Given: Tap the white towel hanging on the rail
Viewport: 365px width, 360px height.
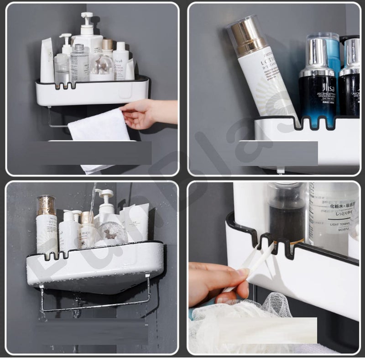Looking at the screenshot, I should tap(98, 130).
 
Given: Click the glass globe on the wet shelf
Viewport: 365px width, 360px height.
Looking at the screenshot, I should tap(112, 233).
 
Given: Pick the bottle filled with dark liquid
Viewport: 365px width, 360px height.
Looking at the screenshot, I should tap(287, 215).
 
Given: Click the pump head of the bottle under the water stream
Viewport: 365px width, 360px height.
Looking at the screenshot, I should tap(104, 195).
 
